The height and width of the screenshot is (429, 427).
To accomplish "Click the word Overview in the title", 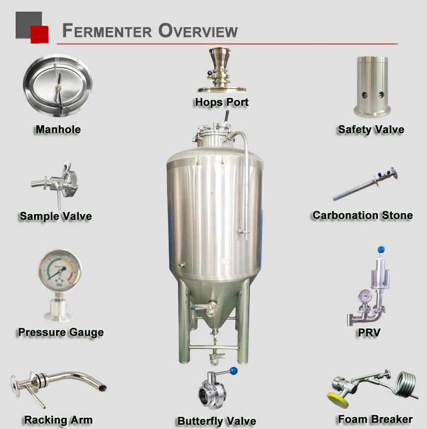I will (x=197, y=30).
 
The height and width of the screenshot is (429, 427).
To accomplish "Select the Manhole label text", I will (x=58, y=129).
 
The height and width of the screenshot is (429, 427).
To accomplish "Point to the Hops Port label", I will (x=222, y=102).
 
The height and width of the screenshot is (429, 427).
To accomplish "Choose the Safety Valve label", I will (x=371, y=129).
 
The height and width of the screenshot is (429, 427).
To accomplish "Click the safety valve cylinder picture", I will (x=372, y=85).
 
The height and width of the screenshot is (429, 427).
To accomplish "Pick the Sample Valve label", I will (x=56, y=216).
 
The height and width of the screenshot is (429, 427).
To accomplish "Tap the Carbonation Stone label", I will (x=362, y=215).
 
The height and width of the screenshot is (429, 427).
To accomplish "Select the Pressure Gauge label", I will (x=61, y=332).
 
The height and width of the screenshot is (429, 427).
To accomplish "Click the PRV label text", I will (x=369, y=334).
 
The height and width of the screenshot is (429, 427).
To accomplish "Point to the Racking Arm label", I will (x=58, y=420).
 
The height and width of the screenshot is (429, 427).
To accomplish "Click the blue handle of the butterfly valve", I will (x=233, y=370).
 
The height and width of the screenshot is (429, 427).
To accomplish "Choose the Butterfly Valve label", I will (x=217, y=421).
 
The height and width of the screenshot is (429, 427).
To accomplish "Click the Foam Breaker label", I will (x=375, y=419).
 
